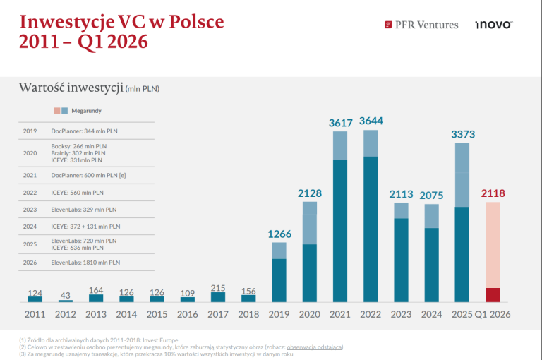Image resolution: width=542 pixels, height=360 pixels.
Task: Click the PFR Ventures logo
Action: pos(421,25)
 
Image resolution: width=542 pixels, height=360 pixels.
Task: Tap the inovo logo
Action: pos(493,25)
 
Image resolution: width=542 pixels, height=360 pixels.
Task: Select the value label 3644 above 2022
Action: pos(371,121)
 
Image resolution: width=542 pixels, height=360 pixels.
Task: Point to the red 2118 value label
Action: pos(493,193)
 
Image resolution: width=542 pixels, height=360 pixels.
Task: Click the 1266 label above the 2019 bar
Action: pos(279,234)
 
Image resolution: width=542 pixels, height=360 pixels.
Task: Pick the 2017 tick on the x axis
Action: pos(219,313)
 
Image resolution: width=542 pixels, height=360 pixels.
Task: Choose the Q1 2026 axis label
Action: pos(493,313)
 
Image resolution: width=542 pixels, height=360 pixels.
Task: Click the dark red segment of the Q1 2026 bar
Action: pos(493,295)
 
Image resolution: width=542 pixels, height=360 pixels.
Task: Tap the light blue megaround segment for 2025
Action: pos(462,175)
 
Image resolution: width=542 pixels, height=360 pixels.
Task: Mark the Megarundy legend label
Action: pos(86,111)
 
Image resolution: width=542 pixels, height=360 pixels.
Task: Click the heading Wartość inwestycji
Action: pos(70,88)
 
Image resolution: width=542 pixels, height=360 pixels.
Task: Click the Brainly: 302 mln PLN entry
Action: pos(78,152)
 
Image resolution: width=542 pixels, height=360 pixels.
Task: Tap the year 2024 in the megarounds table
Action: pos(30,227)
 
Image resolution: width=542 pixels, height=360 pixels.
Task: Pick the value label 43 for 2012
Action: pos(65,294)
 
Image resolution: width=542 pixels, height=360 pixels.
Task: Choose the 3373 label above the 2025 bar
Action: pos(462,134)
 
